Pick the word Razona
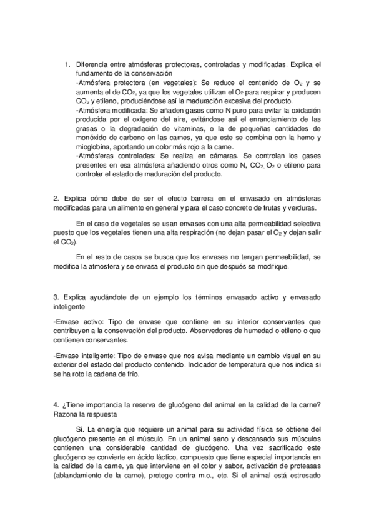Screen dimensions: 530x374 point(68,414)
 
